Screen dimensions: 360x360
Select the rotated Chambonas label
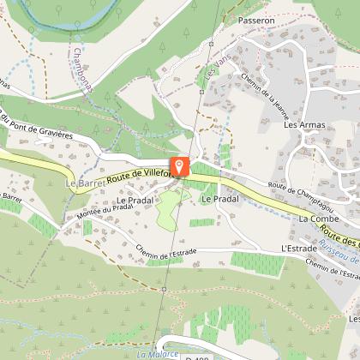click(x=84, y=68)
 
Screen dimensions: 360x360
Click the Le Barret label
click(x=83, y=183)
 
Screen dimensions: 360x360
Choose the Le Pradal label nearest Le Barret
click(x=133, y=201)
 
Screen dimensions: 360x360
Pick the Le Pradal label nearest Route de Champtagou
click(x=218, y=198)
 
